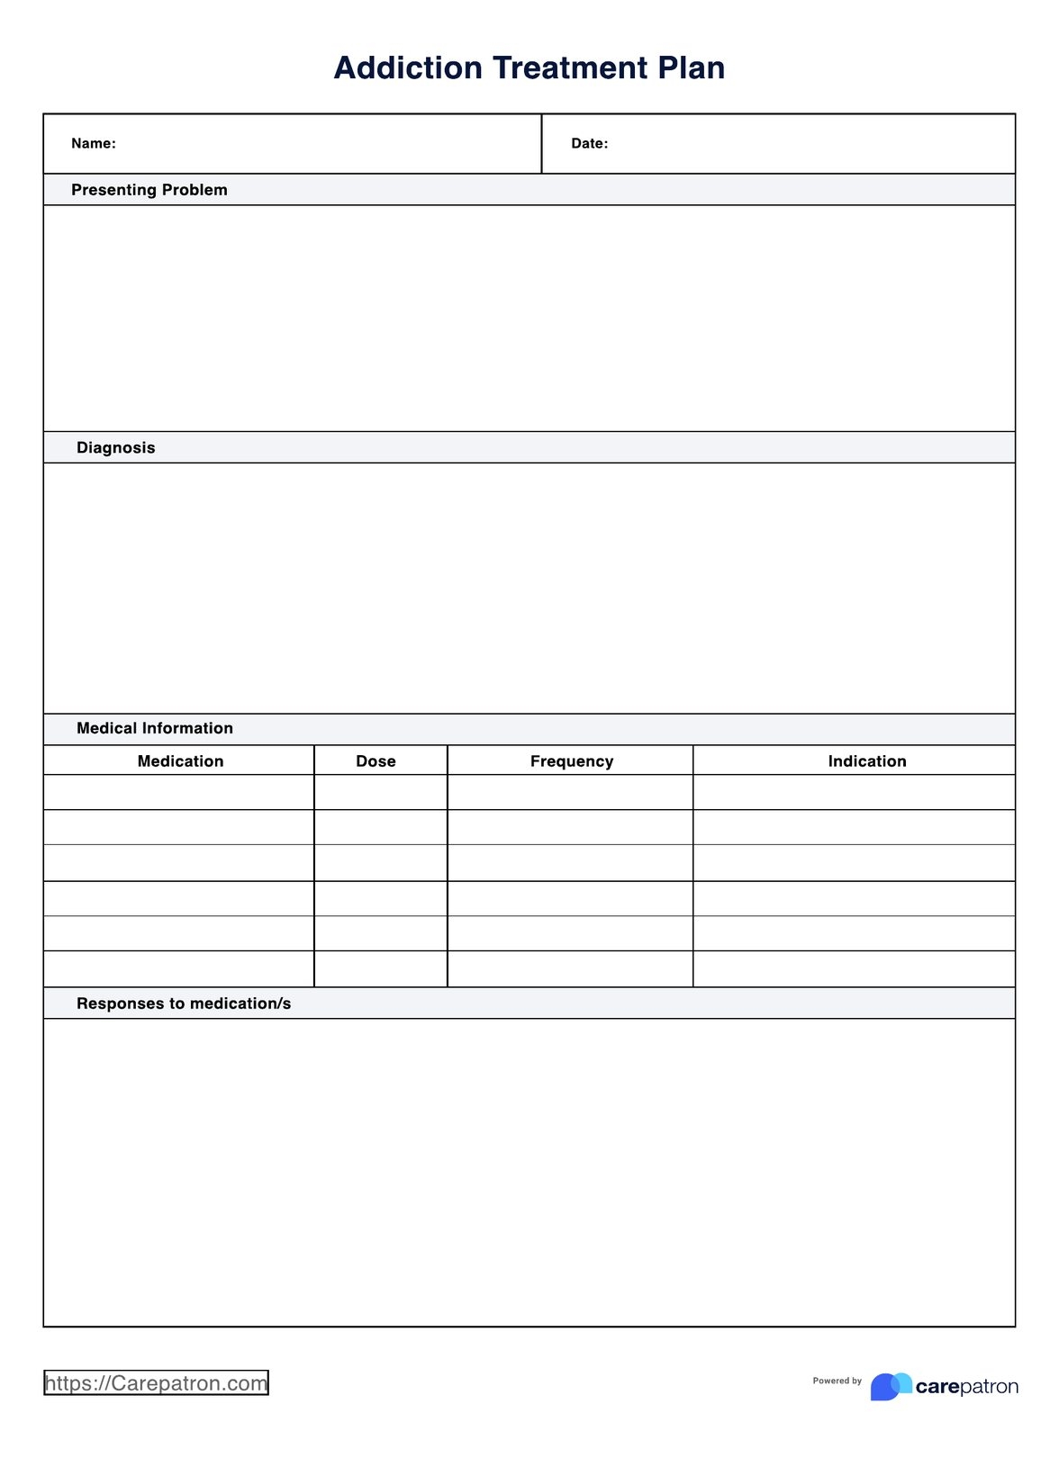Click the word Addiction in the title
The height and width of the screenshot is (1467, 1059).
(x=408, y=68)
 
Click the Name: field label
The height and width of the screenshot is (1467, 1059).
(x=94, y=144)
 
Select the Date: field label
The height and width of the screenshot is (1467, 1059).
(x=590, y=144)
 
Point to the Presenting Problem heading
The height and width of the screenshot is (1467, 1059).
(x=149, y=190)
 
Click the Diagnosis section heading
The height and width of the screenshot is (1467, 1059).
(x=116, y=448)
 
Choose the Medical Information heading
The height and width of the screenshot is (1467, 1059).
(x=155, y=729)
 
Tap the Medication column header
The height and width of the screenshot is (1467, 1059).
(x=180, y=761)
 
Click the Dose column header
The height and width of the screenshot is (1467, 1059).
(x=376, y=761)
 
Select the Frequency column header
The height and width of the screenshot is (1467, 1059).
(x=572, y=761)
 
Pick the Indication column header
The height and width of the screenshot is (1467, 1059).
(x=867, y=761)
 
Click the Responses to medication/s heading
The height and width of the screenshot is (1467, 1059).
(x=184, y=1004)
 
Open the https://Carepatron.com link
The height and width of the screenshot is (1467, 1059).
(x=157, y=1383)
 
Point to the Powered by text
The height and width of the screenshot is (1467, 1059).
(x=837, y=1381)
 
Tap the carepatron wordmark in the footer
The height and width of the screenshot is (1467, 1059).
(x=966, y=1387)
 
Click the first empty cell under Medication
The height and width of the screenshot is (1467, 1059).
(x=178, y=793)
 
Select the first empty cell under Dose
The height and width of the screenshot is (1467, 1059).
(x=381, y=793)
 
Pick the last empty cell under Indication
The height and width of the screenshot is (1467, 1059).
(x=854, y=969)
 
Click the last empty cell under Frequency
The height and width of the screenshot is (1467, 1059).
(x=570, y=969)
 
